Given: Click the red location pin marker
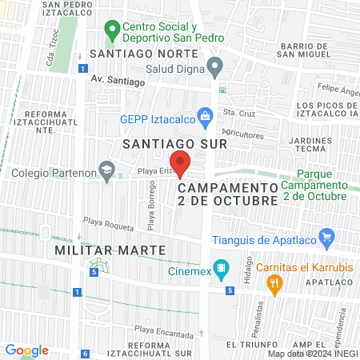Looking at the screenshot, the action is pyautogui.click(x=181, y=162).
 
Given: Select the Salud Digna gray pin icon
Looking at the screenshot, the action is pyautogui.click(x=214, y=66).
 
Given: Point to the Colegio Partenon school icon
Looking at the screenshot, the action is pyautogui.click(x=106, y=169).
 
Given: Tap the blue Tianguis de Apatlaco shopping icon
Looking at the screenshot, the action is pyautogui.click(x=326, y=238).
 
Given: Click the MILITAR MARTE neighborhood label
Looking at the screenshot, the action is pyautogui.click(x=110, y=250).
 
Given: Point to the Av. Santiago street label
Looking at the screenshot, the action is pyautogui.click(x=117, y=81).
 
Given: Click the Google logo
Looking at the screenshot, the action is pyautogui.click(x=26, y=350).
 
